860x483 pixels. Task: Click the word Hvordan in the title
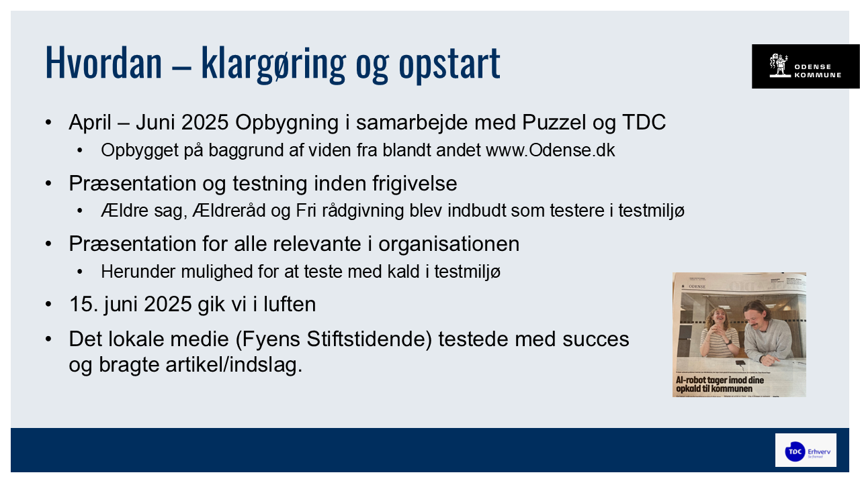(x=103, y=62)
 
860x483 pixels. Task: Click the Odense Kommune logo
(x=805, y=66)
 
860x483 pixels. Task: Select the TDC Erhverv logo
(x=805, y=451)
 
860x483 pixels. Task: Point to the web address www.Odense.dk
(x=550, y=150)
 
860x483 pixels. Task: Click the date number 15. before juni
(x=82, y=305)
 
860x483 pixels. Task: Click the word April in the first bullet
(x=91, y=123)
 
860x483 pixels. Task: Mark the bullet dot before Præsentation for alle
(x=48, y=244)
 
